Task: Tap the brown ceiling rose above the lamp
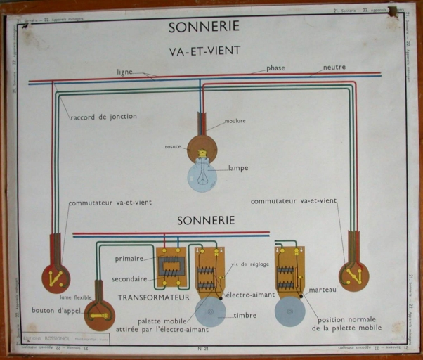click(202, 147)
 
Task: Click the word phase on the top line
click(276, 68)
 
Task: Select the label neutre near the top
click(334, 67)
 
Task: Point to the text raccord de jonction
click(103, 116)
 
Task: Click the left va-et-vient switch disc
click(56, 278)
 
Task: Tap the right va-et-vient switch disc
click(353, 276)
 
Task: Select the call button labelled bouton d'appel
click(99, 314)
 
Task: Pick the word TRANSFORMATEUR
click(154, 297)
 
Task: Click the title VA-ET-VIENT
click(205, 50)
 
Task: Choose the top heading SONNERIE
click(204, 27)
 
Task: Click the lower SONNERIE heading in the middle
click(206, 220)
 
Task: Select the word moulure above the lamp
click(235, 121)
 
